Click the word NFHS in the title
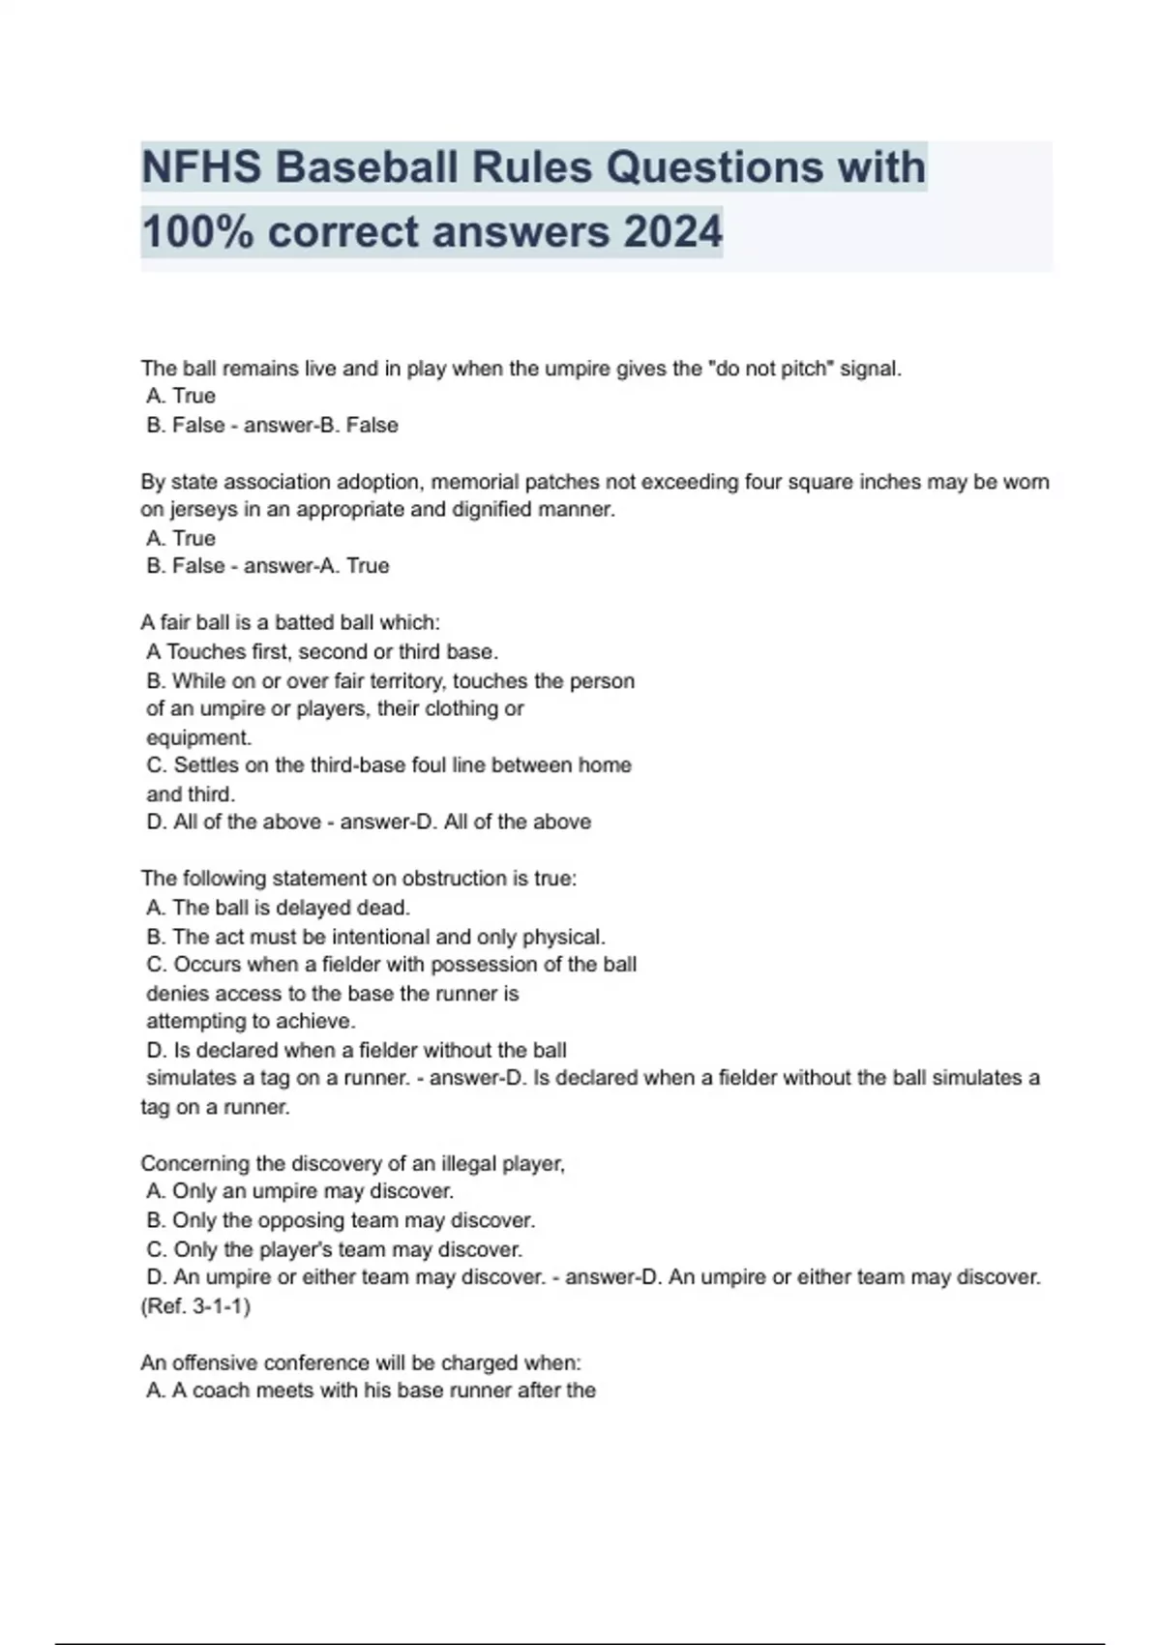(201, 167)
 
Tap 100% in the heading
(197, 232)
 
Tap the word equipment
(198, 737)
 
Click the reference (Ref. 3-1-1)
(195, 1306)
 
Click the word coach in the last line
(222, 1391)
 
